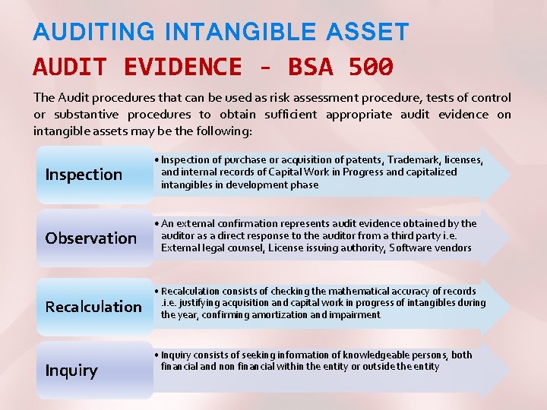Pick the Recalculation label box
(93, 307)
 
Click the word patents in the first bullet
(347, 160)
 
